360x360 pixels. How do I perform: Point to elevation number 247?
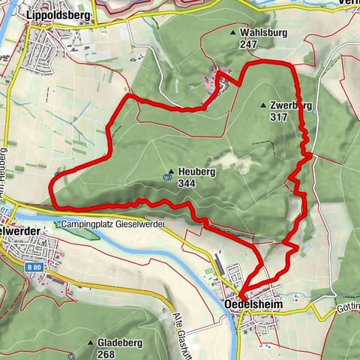(x=249, y=45)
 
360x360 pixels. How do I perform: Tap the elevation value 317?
(x=279, y=118)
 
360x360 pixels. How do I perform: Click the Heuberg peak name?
(x=197, y=172)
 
